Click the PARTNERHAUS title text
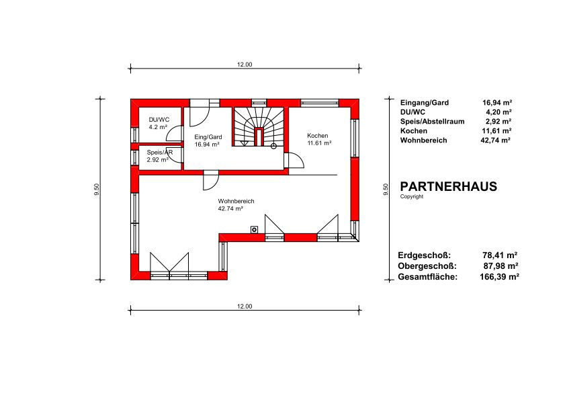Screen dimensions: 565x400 pos(449,186)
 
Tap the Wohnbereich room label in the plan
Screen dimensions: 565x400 pos(236,201)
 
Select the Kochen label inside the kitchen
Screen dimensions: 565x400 pos(318,136)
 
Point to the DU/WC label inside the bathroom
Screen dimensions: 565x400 pos(159,120)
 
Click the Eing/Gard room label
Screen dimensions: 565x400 pos(208,137)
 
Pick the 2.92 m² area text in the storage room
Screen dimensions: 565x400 pos(157,159)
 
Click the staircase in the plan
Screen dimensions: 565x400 pos(259,126)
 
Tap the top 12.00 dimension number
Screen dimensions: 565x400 pos(245,65)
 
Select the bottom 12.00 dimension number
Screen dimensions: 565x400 pos(245,307)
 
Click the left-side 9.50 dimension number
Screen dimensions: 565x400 pos(96,190)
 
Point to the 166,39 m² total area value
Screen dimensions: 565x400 pos(499,277)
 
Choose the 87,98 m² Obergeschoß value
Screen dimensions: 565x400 pos(501,266)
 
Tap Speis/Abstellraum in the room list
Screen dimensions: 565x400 pos(433,122)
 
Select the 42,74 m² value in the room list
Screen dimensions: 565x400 pos(495,141)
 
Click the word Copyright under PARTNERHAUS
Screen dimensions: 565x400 pos(412,196)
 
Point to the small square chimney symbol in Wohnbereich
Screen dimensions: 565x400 pos(255,229)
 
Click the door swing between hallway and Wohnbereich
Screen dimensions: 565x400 pos(211,182)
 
